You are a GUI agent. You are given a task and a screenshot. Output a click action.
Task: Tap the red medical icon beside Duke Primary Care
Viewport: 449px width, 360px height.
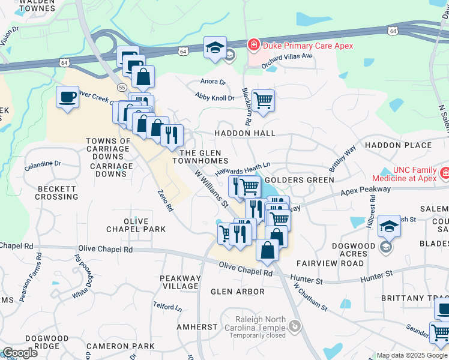[x=253, y=45]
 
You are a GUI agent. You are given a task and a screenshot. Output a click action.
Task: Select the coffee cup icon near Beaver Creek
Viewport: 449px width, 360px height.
[x=67, y=97]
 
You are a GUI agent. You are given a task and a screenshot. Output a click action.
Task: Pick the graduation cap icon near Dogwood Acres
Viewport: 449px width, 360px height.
[x=390, y=226]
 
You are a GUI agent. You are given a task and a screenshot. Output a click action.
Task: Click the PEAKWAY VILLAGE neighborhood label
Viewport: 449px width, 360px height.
[x=179, y=283]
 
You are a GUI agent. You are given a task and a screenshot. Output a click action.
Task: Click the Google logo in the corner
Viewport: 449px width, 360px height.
[x=20, y=353]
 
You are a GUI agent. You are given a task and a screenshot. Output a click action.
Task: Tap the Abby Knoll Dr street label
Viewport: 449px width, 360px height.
[x=214, y=96]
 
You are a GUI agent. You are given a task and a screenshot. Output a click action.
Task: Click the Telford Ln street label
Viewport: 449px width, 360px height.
[x=167, y=307]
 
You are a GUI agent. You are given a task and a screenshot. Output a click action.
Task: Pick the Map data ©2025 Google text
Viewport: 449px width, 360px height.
[x=412, y=355]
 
